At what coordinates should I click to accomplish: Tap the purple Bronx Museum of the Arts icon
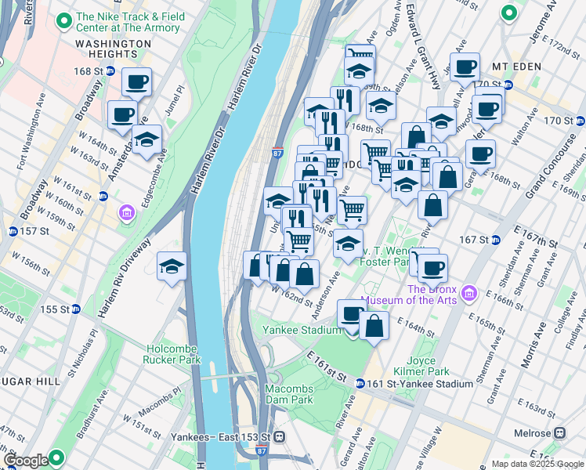pyautogui.click(x=470, y=294)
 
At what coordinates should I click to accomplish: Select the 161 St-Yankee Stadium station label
pyautogui.click(x=420, y=384)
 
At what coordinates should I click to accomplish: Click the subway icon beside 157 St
pyautogui.click(x=13, y=232)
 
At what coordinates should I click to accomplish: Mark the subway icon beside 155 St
pyautogui.click(x=75, y=309)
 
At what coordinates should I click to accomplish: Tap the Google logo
pyautogui.click(x=26, y=460)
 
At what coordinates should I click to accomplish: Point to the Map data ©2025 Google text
pyautogui.click(x=537, y=464)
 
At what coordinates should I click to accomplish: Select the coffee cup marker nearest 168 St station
pyautogui.click(x=136, y=81)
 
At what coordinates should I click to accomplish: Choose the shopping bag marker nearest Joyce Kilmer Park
pyautogui.click(x=374, y=326)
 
